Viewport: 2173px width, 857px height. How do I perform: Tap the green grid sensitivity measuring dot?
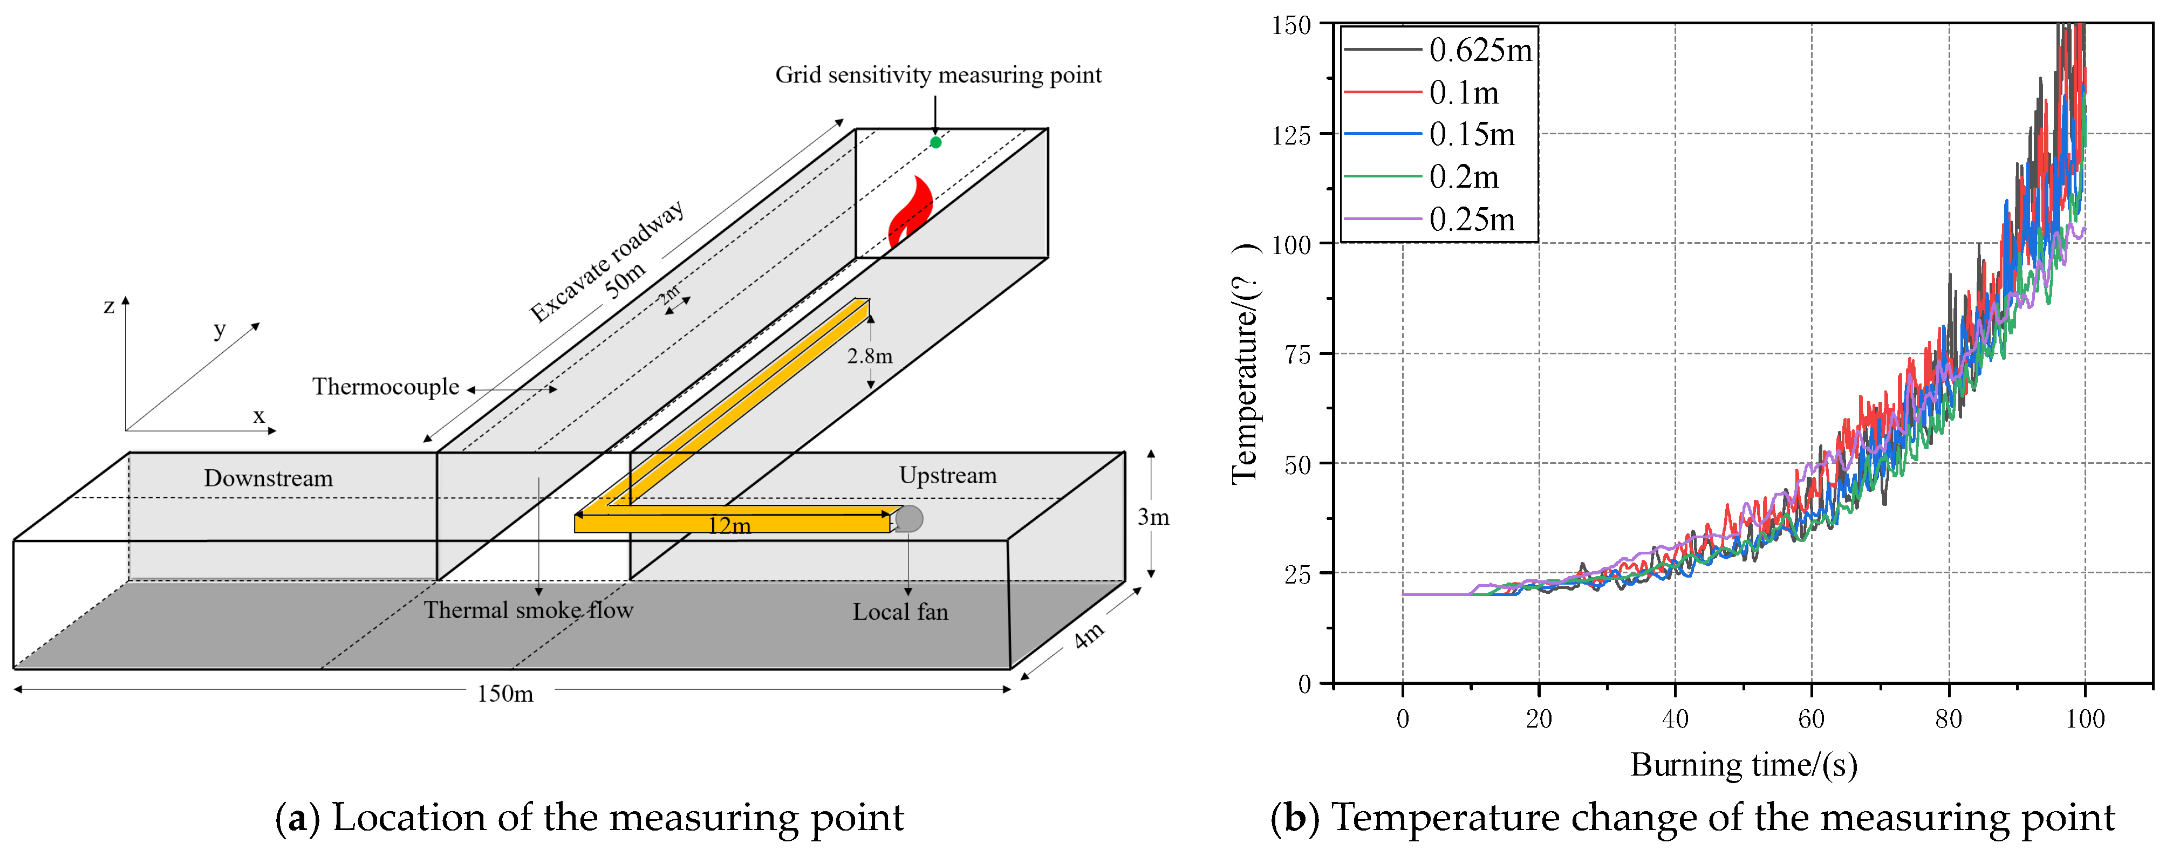(935, 142)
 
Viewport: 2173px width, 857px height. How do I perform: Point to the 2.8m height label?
(870, 356)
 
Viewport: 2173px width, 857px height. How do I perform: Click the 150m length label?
(505, 694)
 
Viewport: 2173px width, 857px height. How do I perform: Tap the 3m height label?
(1153, 517)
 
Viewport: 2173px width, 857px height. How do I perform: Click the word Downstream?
(268, 478)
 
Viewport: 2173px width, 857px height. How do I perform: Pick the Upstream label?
(947, 475)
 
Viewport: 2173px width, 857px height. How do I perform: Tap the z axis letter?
(109, 306)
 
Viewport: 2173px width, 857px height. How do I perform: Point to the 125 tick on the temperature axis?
(1290, 135)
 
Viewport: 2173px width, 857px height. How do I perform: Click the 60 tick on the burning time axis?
(1811, 719)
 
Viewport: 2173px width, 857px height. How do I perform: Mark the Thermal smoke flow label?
(528, 610)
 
